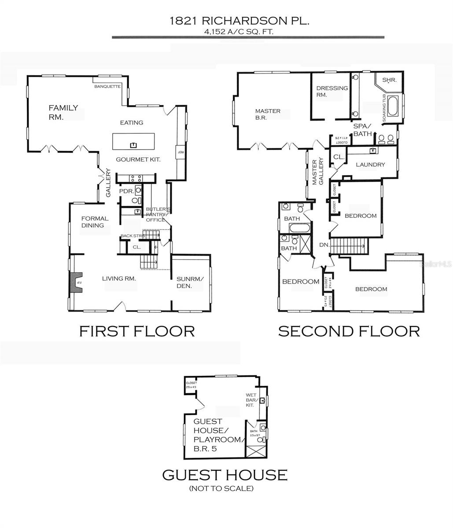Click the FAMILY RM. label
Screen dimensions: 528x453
tap(63, 112)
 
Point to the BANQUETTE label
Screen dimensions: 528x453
tap(107, 87)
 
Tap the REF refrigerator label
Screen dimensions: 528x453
tap(180, 152)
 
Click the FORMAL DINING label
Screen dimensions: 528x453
tap(94, 222)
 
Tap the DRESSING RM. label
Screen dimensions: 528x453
tap(332, 91)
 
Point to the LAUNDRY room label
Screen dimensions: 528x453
tap(370, 165)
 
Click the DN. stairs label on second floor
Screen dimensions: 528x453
tap(324, 245)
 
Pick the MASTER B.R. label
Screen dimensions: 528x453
tap(268, 114)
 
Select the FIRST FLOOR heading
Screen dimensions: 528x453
tap(137, 331)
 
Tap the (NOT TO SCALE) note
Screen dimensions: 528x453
tap(221, 488)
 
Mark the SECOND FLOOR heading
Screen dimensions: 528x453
tap(349, 331)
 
